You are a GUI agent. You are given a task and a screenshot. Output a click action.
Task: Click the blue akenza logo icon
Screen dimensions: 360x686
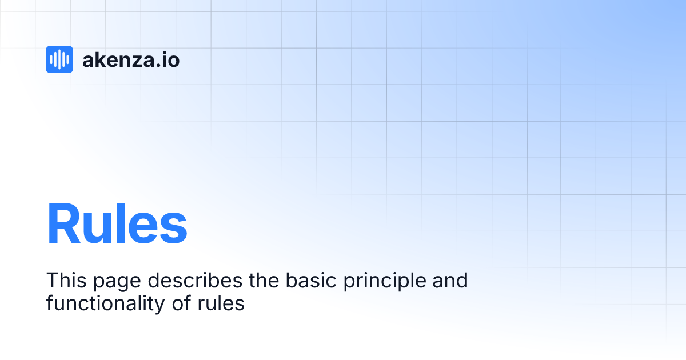pos(59,59)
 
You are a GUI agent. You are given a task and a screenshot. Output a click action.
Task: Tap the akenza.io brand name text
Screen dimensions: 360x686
pos(131,59)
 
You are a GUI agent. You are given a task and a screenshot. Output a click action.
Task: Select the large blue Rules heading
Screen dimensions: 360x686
pos(117,224)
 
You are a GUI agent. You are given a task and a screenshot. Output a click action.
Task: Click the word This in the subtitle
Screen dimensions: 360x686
pos(64,281)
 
